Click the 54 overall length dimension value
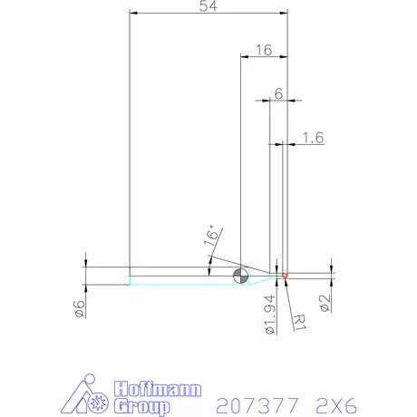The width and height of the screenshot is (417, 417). coord(208,6)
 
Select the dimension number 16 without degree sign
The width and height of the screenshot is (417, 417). coord(263,51)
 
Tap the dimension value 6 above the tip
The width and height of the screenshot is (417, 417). coord(278,94)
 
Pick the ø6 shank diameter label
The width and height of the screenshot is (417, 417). coord(80,308)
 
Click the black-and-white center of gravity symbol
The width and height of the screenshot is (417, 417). coord(240,276)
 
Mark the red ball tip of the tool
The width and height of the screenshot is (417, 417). coord(285,275)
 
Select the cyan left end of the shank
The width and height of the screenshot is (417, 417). coord(131,276)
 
